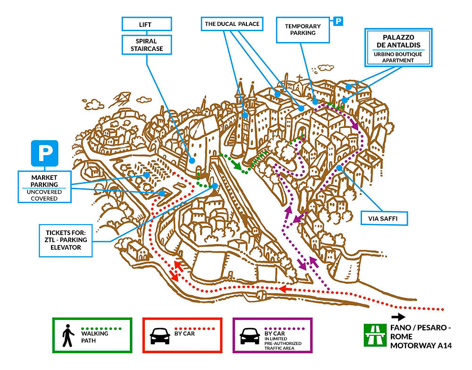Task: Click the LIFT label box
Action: [x=147, y=24]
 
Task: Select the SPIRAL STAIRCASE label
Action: [x=147, y=45]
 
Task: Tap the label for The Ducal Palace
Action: [x=232, y=24]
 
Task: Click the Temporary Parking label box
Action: [x=303, y=30]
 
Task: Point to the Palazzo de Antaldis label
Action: [x=398, y=48]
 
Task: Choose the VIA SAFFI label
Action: [x=384, y=219]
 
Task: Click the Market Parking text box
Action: [x=44, y=187]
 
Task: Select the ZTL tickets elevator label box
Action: [x=66, y=240]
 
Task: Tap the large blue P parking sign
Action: [x=44, y=153]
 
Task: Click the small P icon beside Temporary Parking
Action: [x=338, y=21]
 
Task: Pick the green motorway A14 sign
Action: [x=375, y=335]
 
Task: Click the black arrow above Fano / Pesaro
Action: [x=398, y=317]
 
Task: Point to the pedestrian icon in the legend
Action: [x=68, y=336]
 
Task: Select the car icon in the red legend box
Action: [x=160, y=336]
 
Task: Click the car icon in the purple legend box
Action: [x=250, y=336]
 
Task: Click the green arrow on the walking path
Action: [x=237, y=164]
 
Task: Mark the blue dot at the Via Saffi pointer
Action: [x=339, y=168]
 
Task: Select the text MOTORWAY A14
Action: [x=421, y=345]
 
